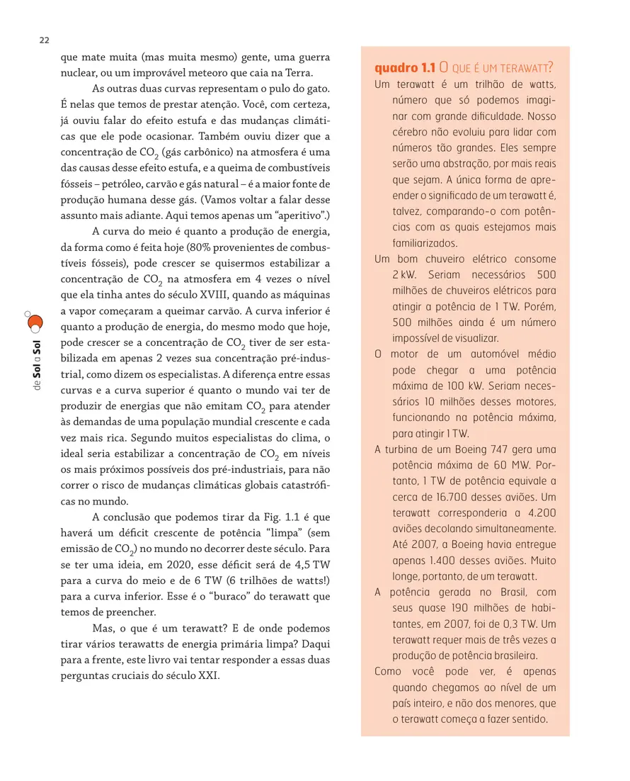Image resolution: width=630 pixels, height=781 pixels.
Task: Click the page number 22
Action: pyautogui.click(x=44, y=40)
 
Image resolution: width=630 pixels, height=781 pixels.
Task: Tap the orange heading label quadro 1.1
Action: pyautogui.click(x=404, y=68)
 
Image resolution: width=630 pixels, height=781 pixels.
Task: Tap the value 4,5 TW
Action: pyautogui.click(x=314, y=565)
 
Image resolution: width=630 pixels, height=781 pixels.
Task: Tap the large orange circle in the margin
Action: pyautogui.click(x=35, y=323)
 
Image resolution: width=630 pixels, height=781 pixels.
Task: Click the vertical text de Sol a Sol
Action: pyautogui.click(x=35, y=366)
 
